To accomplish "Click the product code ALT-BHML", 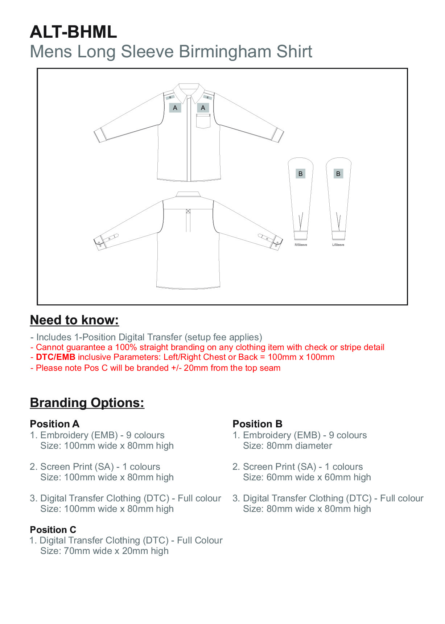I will pos(73,32).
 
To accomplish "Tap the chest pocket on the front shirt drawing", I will pos(203,121).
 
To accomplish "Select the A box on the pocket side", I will pos(203,108).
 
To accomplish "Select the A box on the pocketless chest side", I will pos(175,108).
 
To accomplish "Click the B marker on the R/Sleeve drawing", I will pos(300,174).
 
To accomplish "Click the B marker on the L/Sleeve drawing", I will pos(338,174).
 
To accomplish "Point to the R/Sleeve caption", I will pos(301,245).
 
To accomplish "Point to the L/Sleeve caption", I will pos(338,245).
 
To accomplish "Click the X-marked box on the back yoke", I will pos(188,211).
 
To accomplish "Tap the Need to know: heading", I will pos(74,320).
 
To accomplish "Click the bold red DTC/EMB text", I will pos(55,357).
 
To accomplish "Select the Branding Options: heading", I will pos(87,403).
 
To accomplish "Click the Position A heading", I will pos(54,424).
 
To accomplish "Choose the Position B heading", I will pos(257,424).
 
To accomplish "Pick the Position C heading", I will pos(53,530).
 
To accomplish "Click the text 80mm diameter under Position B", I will pos(299,446).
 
